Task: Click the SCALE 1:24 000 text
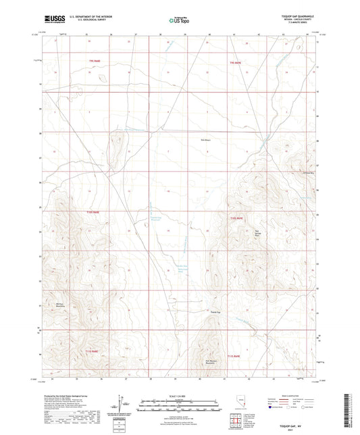[x=180, y=396]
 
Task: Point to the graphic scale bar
[x=180, y=403]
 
